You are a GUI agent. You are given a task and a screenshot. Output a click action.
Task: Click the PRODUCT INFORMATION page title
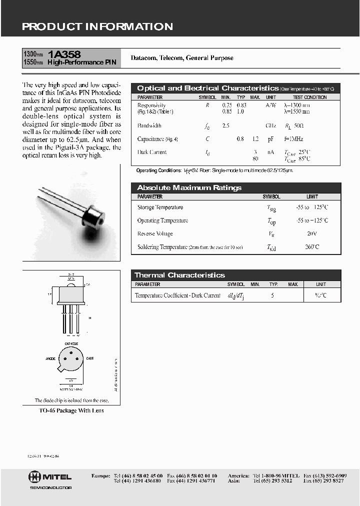(97, 26)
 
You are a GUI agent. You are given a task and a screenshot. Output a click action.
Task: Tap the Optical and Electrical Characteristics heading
(207, 88)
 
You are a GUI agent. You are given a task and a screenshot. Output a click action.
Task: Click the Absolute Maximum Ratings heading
(189, 187)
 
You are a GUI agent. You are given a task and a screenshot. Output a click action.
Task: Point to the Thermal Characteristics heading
(179, 275)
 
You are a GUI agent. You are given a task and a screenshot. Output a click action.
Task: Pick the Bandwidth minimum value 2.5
(226, 126)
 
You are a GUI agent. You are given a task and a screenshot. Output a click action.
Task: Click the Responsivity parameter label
(151, 105)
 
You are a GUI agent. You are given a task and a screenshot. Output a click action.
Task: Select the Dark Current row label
(152, 152)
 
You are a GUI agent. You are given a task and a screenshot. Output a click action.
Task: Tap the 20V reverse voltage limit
(312, 233)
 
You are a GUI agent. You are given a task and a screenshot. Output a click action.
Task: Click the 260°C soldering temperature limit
(312, 247)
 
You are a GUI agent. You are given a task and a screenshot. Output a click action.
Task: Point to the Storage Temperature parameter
(160, 207)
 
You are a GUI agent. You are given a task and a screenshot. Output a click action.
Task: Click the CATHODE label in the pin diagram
(71, 343)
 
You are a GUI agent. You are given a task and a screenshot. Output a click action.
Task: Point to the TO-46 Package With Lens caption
(71, 410)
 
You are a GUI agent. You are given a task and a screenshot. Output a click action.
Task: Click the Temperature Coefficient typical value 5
(272, 295)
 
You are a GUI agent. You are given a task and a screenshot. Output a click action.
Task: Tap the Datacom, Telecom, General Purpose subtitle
(182, 58)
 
